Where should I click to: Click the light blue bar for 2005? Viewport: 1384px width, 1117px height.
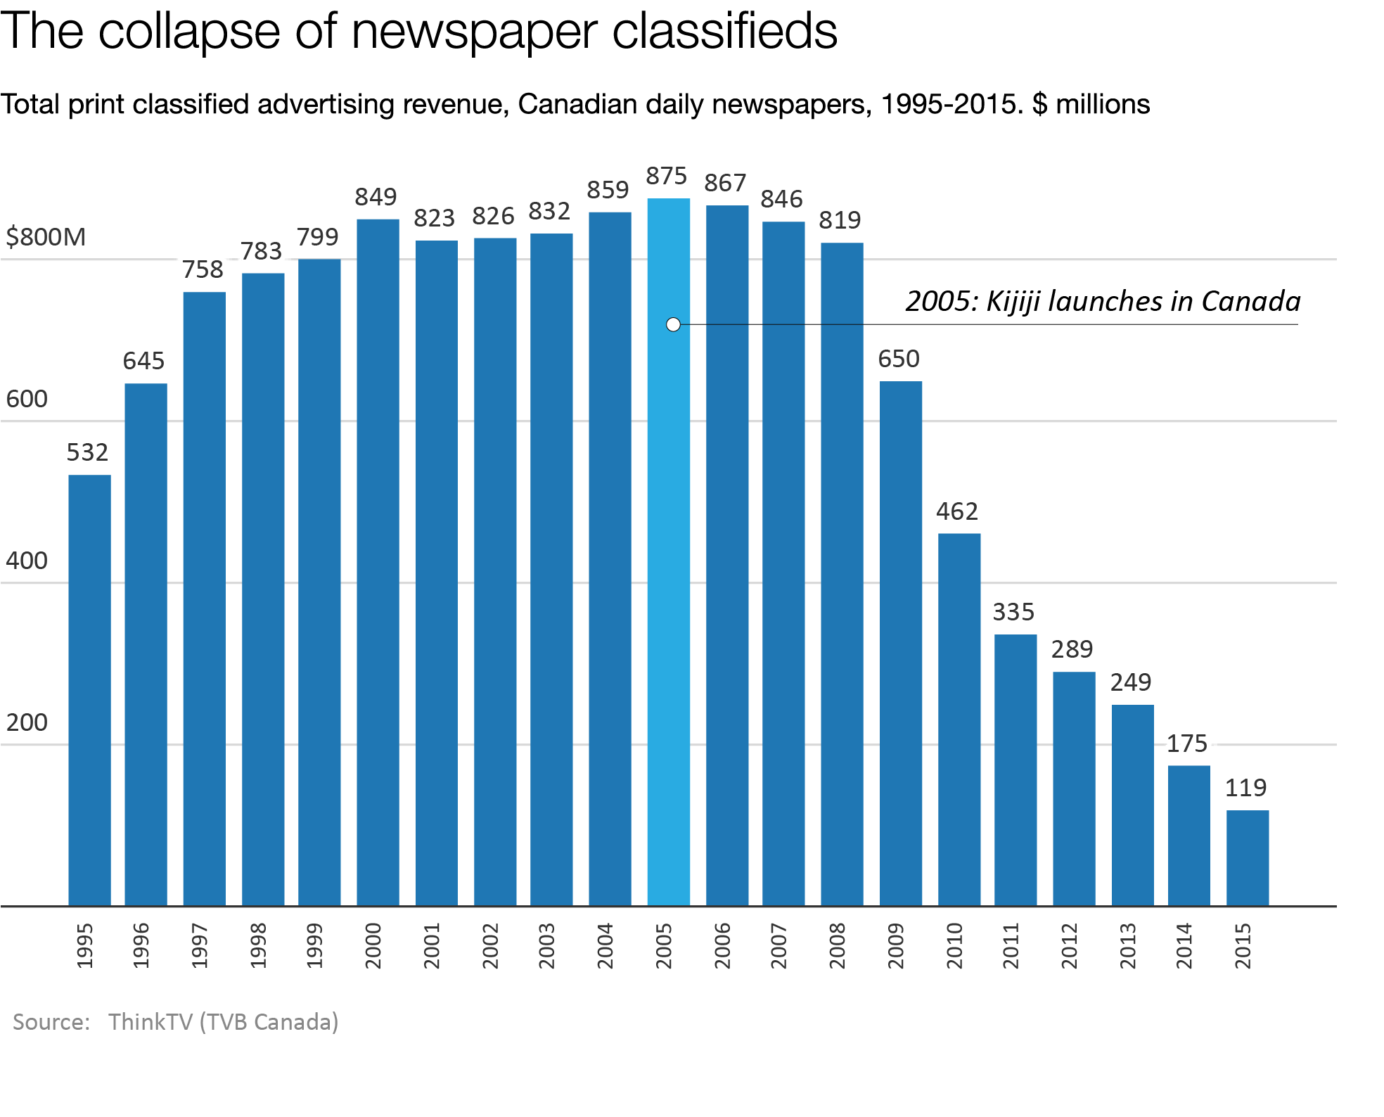[668, 563]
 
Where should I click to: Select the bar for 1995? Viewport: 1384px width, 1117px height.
[89, 689]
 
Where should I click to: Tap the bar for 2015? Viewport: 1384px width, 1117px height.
[1248, 858]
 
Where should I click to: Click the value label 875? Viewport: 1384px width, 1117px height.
[666, 176]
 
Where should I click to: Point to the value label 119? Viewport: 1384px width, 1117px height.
[1245, 788]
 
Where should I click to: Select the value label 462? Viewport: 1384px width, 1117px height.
[956, 511]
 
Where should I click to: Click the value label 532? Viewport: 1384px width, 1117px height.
[87, 452]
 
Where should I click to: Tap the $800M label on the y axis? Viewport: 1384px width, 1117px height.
[46, 237]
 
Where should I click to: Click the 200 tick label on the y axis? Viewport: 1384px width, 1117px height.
[27, 722]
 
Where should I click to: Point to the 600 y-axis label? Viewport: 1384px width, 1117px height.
[27, 399]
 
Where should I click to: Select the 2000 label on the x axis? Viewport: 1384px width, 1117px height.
[373, 946]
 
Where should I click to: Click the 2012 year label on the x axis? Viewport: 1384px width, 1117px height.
[1069, 946]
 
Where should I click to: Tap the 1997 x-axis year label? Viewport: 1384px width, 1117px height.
[200, 946]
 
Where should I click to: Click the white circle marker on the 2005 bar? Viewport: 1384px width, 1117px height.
[673, 324]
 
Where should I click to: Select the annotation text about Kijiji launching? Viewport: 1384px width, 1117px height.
[1103, 301]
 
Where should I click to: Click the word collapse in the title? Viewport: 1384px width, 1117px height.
[189, 31]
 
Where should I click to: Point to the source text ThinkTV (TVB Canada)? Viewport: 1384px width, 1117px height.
[223, 1021]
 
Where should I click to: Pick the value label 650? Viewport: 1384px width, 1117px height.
[898, 359]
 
